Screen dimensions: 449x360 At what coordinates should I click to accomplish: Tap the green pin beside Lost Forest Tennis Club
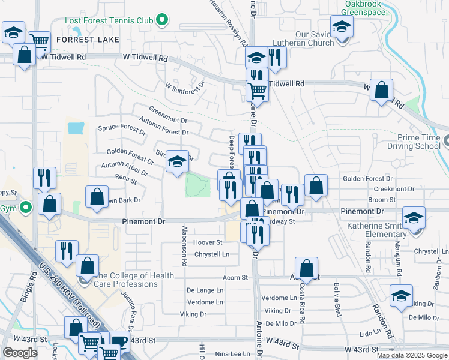pyautogui.click(x=161, y=21)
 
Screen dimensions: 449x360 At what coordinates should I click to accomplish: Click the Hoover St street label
pyautogui.click(x=208, y=242)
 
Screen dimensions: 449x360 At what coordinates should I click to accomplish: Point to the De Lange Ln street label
pyautogui.click(x=205, y=290)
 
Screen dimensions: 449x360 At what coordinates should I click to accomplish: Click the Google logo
pyautogui.click(x=20, y=353)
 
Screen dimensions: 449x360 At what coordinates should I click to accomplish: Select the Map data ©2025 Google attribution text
pyautogui.click(x=411, y=355)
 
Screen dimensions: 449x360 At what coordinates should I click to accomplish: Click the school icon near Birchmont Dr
pyautogui.click(x=177, y=161)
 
